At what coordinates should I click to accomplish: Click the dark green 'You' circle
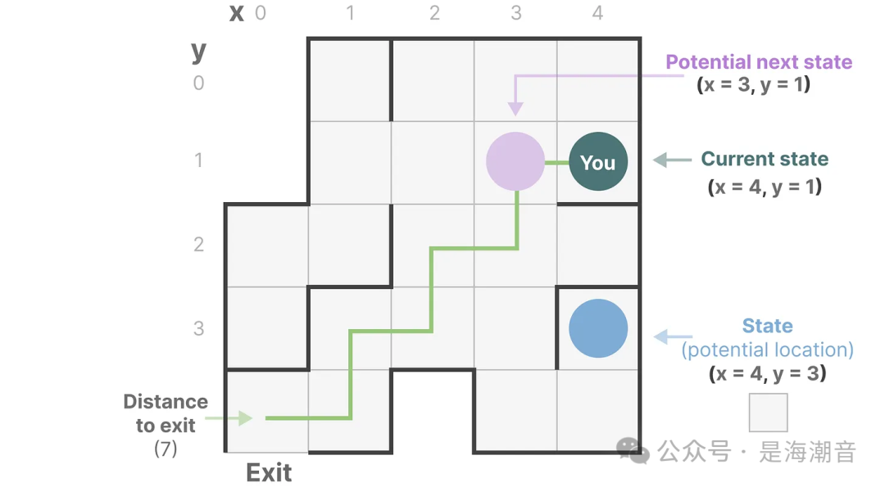598,162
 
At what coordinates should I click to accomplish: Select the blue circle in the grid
598,328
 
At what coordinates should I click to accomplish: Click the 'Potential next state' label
759,62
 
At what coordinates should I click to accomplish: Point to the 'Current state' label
765,160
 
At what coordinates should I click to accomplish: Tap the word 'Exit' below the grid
269,472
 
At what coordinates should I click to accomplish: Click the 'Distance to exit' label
166,413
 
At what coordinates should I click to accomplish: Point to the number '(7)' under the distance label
166,449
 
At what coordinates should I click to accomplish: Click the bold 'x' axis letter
237,12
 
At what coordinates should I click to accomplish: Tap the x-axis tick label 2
434,13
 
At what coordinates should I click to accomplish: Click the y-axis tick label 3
198,328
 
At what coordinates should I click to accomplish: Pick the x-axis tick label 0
261,13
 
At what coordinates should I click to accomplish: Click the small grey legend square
768,413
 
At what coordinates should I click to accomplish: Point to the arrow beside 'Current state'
672,160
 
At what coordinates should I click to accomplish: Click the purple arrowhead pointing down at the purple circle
515,108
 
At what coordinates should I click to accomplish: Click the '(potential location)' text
768,350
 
